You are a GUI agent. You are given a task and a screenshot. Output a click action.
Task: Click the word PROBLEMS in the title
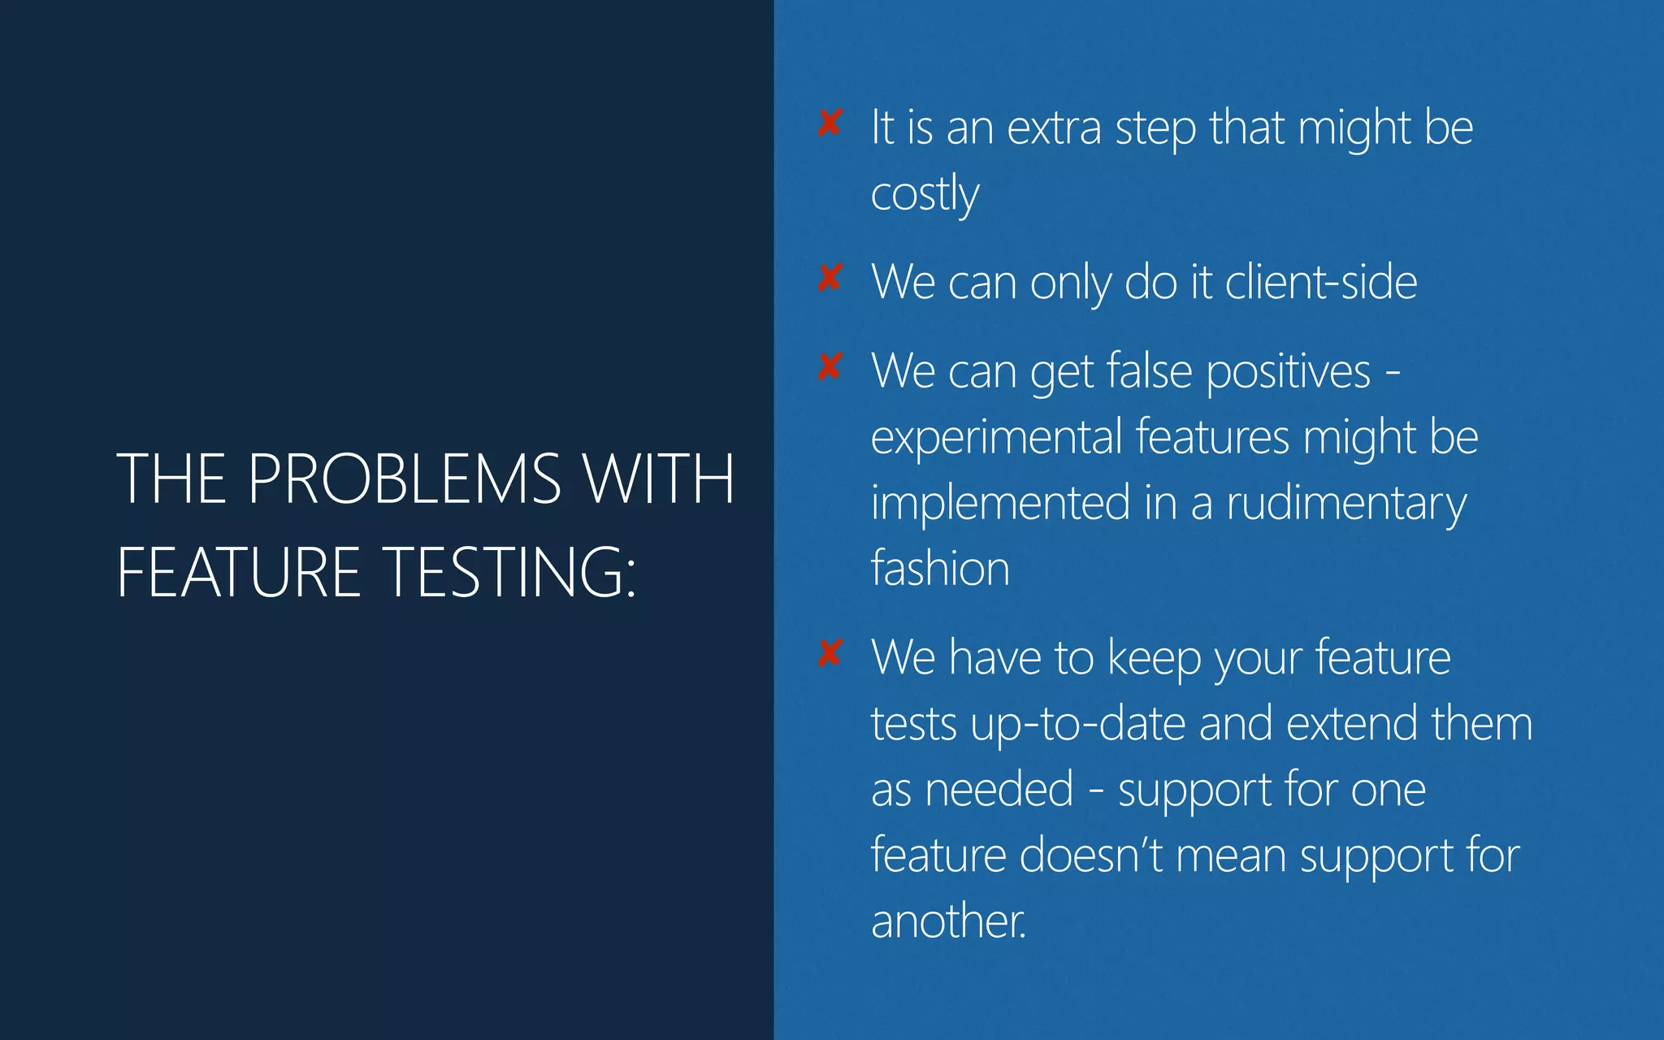tap(404, 479)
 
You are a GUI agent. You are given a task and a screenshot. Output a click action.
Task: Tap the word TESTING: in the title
tap(509, 572)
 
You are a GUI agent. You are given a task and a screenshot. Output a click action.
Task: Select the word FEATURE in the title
tap(238, 572)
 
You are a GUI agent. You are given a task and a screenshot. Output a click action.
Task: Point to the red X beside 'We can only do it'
tap(830, 278)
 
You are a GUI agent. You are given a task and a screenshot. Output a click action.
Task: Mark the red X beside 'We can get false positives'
tap(830, 366)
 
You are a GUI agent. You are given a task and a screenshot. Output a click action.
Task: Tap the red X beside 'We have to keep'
tap(830, 652)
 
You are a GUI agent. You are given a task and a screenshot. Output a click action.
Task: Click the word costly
tap(925, 194)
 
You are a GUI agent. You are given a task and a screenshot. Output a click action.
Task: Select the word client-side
tap(1320, 282)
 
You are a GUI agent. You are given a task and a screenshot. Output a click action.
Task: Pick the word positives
tap(1288, 372)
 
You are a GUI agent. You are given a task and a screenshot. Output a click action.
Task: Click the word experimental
tap(996, 438)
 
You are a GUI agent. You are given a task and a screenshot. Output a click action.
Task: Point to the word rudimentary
tap(1345, 504)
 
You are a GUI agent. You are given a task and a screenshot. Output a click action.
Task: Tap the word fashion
tap(940, 568)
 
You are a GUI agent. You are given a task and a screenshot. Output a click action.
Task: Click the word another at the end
tap(947, 921)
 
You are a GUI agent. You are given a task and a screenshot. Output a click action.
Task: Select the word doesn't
tap(1090, 855)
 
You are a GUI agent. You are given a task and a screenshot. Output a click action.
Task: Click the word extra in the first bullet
tap(1054, 128)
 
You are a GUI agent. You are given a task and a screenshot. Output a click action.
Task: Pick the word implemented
tap(1000, 503)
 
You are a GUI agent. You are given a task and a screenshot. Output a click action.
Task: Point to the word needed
tap(999, 789)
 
